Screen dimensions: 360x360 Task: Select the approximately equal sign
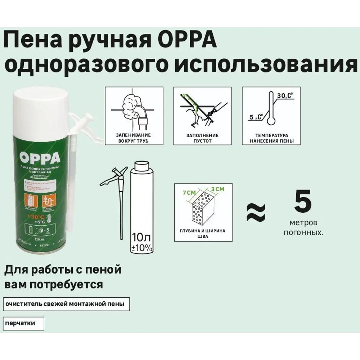pos(256,212)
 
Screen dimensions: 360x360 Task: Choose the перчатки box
pos(23,323)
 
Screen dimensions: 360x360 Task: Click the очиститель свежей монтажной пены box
pos(66,304)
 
